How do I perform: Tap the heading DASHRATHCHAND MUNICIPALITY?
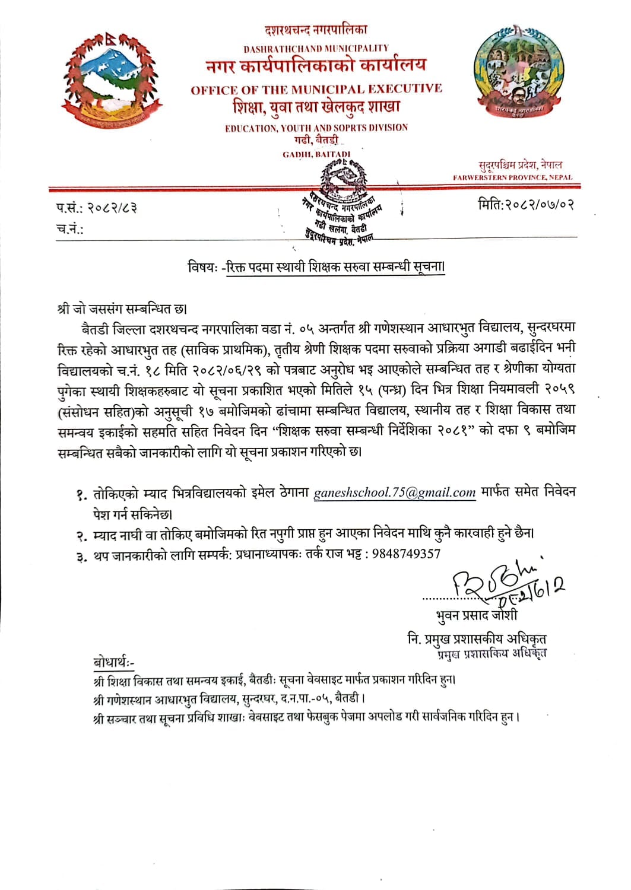pos(316,48)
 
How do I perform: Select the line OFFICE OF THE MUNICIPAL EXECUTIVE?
pos(316,90)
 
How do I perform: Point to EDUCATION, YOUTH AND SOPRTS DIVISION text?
pos(316,128)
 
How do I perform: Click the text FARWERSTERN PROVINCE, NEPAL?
pos(512,177)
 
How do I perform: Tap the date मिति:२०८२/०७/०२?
pos(525,205)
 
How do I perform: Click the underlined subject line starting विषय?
pos(316,267)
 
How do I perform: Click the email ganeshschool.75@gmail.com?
pos(395,492)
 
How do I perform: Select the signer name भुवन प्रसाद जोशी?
pos(476,615)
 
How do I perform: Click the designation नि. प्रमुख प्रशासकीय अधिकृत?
pos(477,638)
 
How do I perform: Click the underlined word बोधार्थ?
pos(113,662)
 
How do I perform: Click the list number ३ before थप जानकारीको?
pos(80,556)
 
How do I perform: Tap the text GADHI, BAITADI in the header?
pos(316,154)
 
